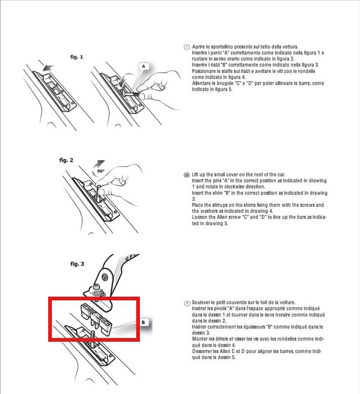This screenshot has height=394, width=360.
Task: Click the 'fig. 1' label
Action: coord(76,57)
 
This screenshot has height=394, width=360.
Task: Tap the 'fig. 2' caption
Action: coord(66,161)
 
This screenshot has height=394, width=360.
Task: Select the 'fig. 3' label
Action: coord(76,264)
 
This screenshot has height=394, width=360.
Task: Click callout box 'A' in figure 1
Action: coord(144,66)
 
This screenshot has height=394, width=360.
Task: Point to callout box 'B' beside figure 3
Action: coord(143,323)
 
